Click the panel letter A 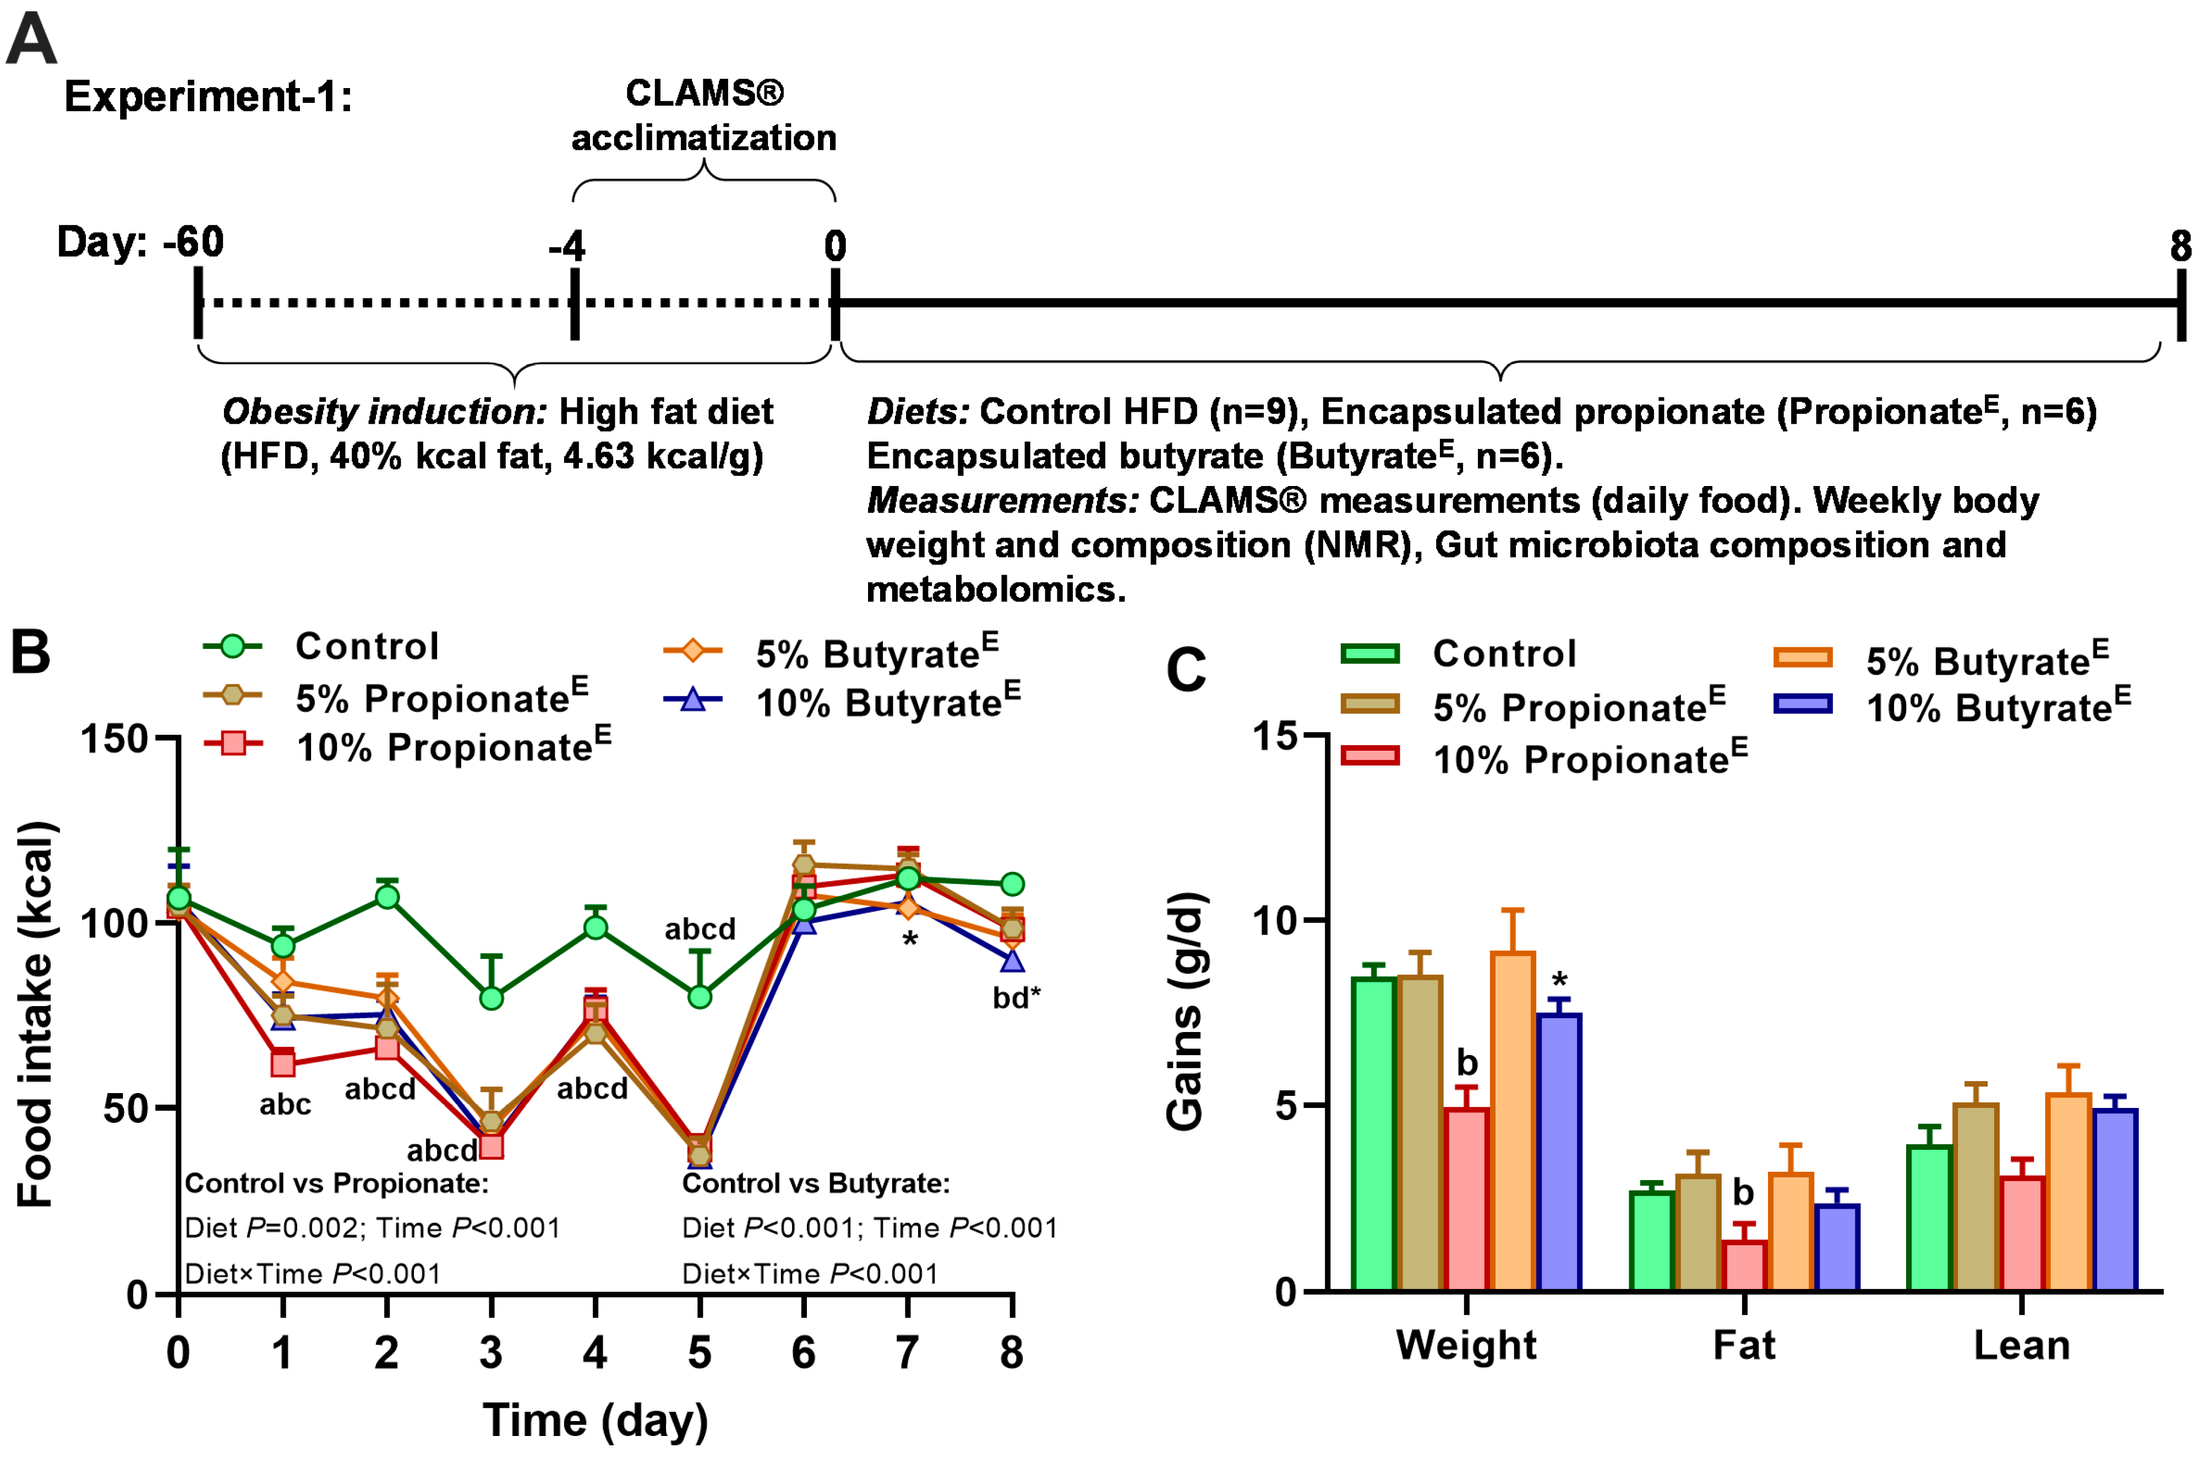[31, 39]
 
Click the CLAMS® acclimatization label [704, 115]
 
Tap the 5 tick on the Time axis [700, 1353]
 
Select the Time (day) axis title [595, 1421]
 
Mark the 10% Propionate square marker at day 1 [283, 1064]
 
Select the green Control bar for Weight [1374, 1134]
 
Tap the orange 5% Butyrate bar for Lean [2068, 1192]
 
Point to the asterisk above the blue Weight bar [1559, 980]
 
